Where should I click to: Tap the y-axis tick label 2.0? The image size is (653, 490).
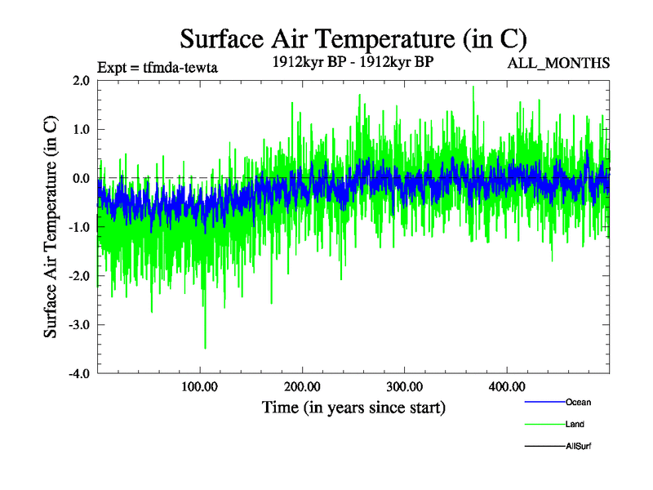80,81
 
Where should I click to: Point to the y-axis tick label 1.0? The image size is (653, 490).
80,130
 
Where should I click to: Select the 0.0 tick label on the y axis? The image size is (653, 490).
80,179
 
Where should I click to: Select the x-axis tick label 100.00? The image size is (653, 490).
200,386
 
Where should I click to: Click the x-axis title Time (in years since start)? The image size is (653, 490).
353,407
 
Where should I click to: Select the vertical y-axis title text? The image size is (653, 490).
51,227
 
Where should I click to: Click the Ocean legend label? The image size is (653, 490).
579,403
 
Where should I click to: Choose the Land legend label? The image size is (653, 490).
575,424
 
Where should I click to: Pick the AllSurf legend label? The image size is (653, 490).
579,446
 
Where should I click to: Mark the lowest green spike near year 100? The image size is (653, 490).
205,347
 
